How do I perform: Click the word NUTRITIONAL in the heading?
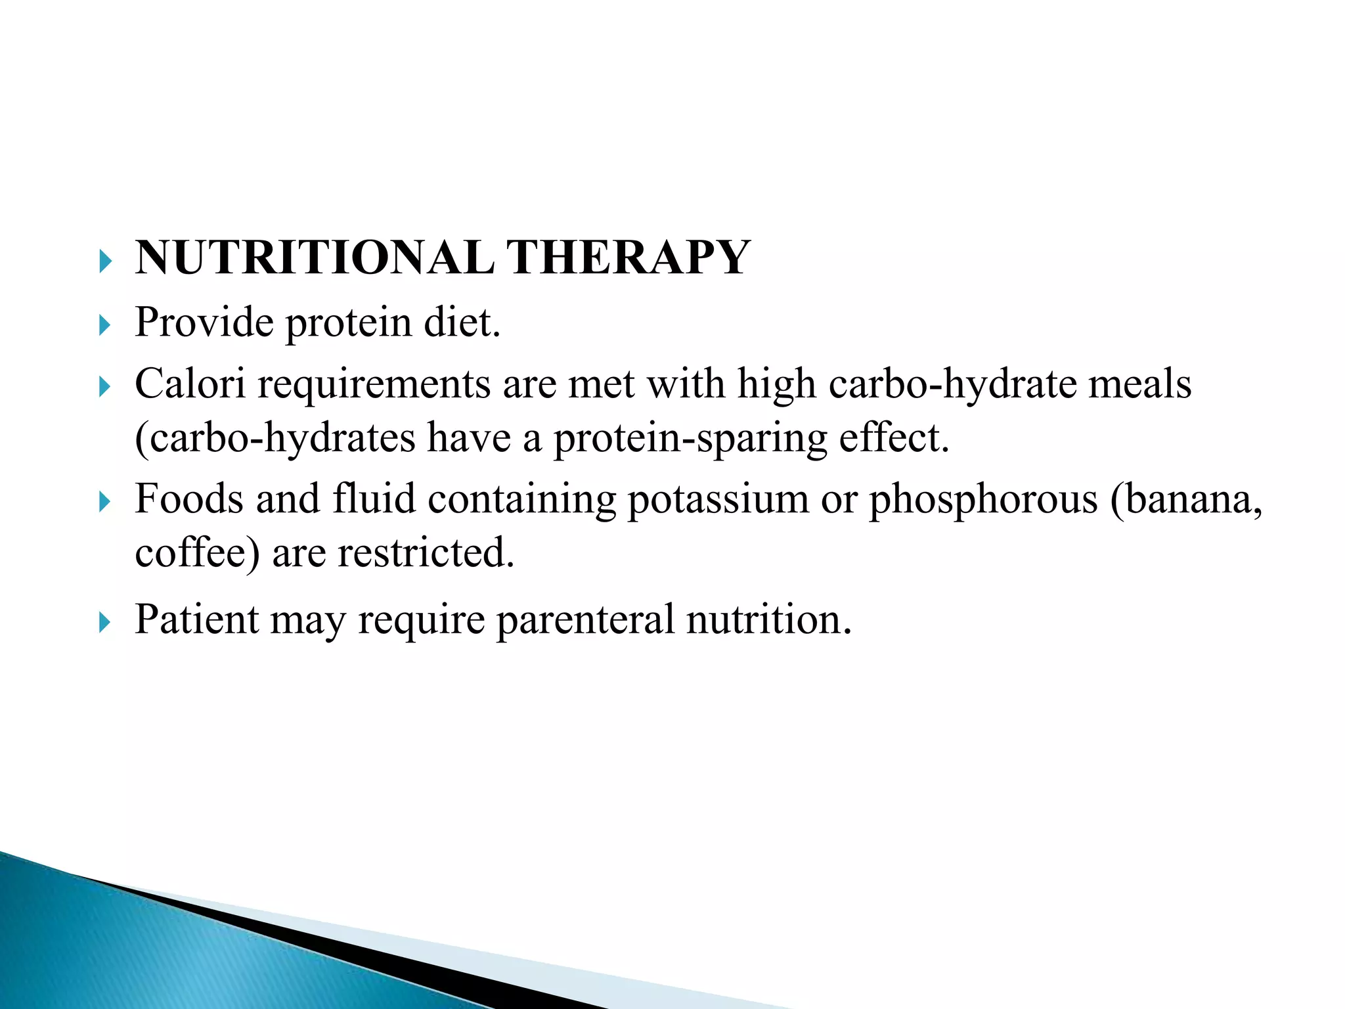315,258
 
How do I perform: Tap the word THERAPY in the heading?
628,258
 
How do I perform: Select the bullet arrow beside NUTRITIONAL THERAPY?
105,261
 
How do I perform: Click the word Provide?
204,323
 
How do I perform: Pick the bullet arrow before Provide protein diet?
105,325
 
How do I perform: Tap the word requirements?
374,384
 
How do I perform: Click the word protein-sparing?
690,438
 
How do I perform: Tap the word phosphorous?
983,499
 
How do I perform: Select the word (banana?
1186,499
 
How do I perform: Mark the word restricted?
426,552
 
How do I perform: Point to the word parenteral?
585,619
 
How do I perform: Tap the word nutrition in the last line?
768,619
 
